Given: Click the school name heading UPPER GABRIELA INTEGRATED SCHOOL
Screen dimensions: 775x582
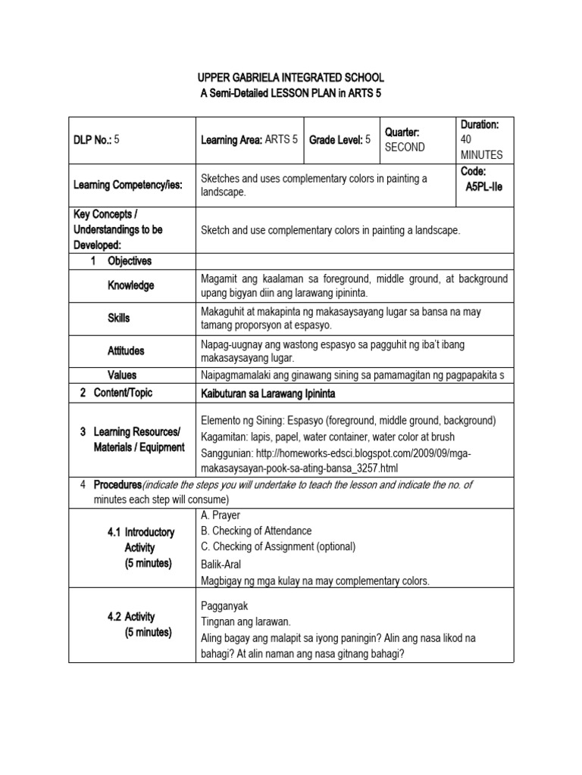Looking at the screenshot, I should coord(291,77).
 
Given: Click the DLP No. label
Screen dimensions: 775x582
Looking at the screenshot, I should coord(92,140).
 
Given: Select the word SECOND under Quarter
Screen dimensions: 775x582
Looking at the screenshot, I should coord(405,148).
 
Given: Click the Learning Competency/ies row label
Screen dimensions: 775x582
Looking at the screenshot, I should coord(127,185).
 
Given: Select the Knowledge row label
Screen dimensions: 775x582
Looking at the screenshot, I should coord(130,285).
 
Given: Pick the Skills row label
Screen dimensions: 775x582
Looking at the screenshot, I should coord(119,318).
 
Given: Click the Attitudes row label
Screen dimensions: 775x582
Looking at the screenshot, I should coord(126,351).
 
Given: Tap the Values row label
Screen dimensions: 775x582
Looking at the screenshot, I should coord(122,375).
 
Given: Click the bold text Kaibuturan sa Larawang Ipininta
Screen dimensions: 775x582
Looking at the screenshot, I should coord(268,394).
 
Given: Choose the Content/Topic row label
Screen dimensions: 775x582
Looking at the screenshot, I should coord(122,394).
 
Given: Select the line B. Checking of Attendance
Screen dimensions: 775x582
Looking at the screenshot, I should coord(256,531).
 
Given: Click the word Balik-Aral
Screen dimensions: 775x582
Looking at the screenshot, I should coord(223,565).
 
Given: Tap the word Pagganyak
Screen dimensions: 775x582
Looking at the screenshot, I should coord(224,605).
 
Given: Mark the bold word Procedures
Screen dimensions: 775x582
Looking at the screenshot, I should coord(117,484).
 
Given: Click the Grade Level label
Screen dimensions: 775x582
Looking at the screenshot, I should coord(336,139).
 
